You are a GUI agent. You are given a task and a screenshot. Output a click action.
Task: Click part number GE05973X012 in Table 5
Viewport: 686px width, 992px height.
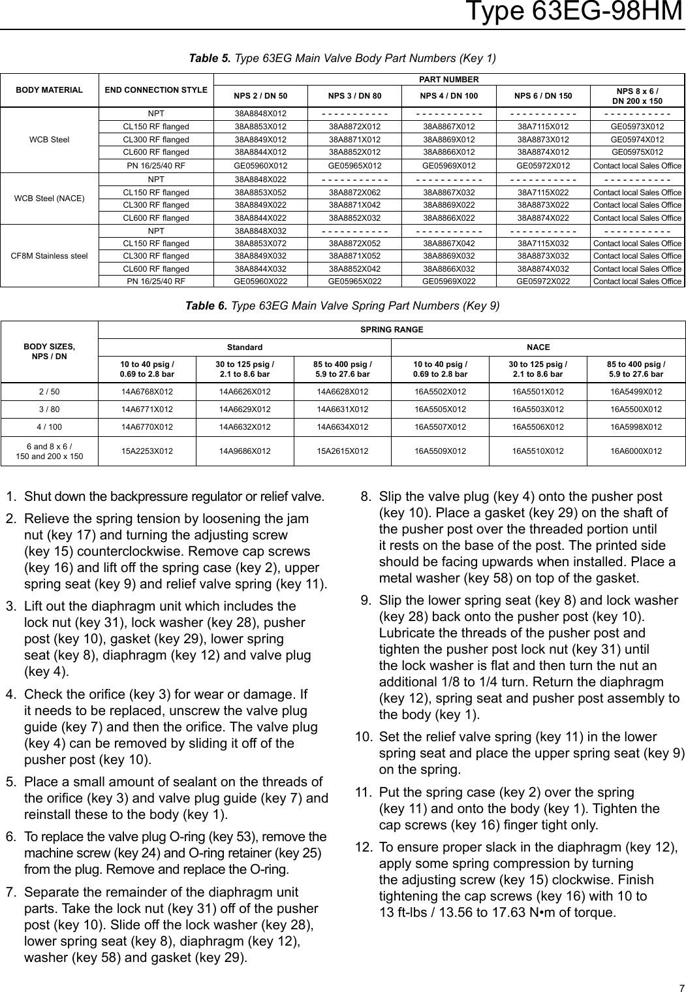point(637,127)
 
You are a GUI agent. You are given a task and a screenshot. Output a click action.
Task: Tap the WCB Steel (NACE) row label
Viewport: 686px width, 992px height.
point(49,198)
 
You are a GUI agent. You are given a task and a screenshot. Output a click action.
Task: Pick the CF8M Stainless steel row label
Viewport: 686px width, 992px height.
point(49,255)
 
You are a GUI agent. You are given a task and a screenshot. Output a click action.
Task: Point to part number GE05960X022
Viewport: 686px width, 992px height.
point(260,281)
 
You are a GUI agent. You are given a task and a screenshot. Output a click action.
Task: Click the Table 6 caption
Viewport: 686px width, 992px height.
point(343,305)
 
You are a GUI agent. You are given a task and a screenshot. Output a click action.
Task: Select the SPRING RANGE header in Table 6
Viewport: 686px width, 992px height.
point(392,329)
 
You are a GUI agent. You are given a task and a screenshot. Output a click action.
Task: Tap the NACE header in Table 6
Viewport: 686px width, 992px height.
point(538,347)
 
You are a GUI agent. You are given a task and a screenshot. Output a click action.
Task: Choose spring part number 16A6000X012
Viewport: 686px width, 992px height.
point(636,450)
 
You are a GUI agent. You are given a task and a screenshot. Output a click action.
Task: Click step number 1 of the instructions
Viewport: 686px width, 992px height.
point(10,496)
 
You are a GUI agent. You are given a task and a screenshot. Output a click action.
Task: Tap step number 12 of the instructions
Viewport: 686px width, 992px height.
point(364,848)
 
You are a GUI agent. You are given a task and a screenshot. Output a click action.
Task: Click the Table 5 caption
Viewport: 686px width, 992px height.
point(343,59)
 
